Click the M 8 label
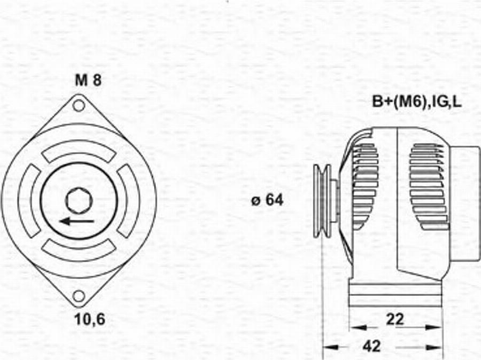(x=88, y=80)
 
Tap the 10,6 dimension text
(x=89, y=319)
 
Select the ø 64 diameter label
(x=267, y=201)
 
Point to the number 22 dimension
(x=395, y=319)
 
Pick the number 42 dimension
(x=372, y=346)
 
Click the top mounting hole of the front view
(x=79, y=105)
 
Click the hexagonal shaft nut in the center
(x=79, y=200)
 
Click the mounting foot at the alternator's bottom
(x=395, y=294)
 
